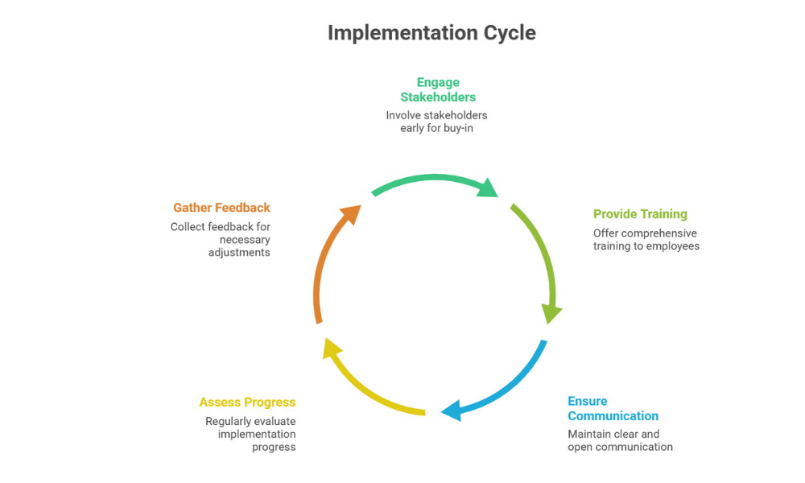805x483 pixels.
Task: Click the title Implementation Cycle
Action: (x=431, y=33)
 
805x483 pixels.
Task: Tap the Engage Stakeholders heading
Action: (x=438, y=89)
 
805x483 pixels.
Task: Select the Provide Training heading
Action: (x=640, y=214)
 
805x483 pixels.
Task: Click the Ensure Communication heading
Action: (x=613, y=409)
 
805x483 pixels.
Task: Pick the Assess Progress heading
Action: (x=247, y=402)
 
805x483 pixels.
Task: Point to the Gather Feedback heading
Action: (x=221, y=208)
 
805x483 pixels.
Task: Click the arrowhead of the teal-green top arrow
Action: (x=488, y=188)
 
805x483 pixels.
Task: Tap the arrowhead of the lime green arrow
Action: (x=551, y=312)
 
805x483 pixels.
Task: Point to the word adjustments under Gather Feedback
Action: (x=239, y=253)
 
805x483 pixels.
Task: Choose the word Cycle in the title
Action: (x=509, y=33)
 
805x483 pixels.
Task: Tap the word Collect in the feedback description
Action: (x=189, y=227)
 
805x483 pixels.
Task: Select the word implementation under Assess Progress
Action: (x=257, y=434)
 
